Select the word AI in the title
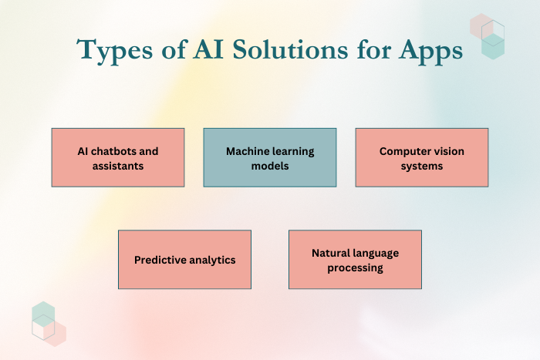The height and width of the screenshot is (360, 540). (208, 49)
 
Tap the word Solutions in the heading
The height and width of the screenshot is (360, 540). (290, 49)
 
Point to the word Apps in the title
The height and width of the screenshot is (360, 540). (430, 52)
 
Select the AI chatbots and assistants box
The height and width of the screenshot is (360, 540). (118, 157)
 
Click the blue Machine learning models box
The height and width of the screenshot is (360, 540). (270, 157)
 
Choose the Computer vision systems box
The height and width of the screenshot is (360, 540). (422, 157)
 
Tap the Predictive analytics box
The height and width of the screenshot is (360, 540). (184, 260)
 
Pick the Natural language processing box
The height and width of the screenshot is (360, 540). (355, 260)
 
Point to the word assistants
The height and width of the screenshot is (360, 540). (118, 166)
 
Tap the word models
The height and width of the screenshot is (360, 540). (270, 166)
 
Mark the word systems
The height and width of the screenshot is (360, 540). (422, 167)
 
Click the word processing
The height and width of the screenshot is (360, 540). (355, 268)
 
